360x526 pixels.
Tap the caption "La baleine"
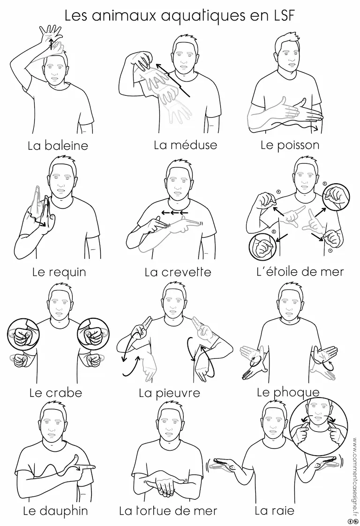(x=58, y=146)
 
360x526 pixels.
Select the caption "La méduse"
(x=186, y=145)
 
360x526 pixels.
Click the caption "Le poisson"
(x=290, y=145)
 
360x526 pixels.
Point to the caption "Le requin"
(x=59, y=272)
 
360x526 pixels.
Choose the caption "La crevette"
(x=178, y=272)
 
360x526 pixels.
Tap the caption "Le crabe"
(x=56, y=392)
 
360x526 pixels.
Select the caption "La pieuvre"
(x=169, y=393)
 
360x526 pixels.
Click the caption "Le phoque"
(x=288, y=392)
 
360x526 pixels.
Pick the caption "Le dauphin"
(x=55, y=511)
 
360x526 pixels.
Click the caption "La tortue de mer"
(x=168, y=511)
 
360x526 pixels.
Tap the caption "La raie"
(x=274, y=511)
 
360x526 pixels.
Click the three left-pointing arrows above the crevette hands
(x=174, y=212)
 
